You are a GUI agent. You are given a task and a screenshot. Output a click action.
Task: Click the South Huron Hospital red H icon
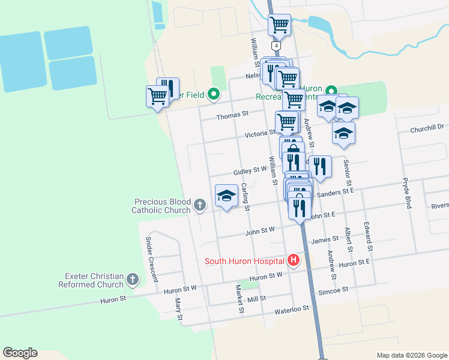(294, 260)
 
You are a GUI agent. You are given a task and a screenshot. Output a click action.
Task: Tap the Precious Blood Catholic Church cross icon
(200, 206)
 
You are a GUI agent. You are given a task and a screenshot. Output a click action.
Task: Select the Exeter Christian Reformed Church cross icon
(133, 280)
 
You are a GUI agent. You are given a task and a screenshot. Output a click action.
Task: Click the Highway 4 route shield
(276, 46)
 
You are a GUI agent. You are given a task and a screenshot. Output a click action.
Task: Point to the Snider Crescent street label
(151, 259)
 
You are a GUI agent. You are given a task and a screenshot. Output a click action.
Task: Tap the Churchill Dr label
(427, 127)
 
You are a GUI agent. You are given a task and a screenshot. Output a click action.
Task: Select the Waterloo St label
(291, 310)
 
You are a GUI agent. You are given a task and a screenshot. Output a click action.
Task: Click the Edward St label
(367, 236)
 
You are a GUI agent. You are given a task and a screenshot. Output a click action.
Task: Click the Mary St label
(178, 309)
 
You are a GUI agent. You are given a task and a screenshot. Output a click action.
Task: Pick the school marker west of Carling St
(226, 196)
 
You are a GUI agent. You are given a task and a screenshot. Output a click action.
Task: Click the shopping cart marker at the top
(279, 25)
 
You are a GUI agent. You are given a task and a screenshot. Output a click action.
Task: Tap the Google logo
(20, 353)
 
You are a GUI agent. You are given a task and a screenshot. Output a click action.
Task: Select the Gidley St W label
(250, 170)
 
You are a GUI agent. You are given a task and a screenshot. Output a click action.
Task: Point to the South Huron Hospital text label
(245, 261)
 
